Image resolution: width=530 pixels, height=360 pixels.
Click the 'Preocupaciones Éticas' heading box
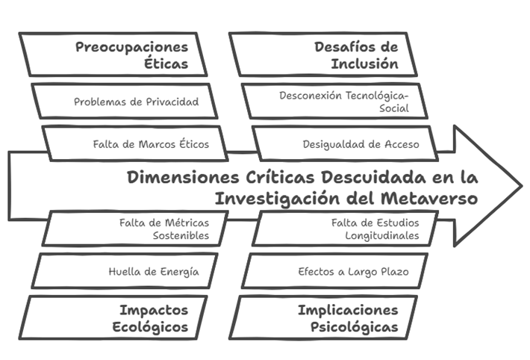click(x=113, y=55)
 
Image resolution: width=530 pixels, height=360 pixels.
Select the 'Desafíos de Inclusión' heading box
click(x=323, y=55)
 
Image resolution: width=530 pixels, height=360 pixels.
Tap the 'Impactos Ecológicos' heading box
click(x=113, y=317)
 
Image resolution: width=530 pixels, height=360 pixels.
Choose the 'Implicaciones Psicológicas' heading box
click(x=323, y=317)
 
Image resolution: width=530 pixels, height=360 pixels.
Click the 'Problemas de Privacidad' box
click(x=125, y=101)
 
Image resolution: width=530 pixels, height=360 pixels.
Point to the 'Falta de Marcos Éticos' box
click(x=135, y=143)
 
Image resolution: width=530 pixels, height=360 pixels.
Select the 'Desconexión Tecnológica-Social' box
click(x=334, y=101)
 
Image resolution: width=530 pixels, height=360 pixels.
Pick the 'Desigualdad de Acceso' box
click(x=345, y=143)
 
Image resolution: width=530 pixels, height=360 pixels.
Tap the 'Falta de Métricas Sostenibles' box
click(x=135, y=229)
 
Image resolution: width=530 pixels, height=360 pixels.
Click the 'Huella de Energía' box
click(x=125, y=271)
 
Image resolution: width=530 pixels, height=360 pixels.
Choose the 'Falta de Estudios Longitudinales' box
click(x=345, y=229)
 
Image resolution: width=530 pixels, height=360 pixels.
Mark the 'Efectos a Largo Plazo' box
click(x=334, y=271)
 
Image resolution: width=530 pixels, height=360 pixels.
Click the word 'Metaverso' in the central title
click(x=429, y=198)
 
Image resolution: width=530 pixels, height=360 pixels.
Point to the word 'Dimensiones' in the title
click(x=183, y=177)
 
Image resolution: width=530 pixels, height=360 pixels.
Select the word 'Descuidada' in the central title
click(x=373, y=177)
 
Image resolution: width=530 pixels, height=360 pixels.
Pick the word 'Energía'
click(x=180, y=272)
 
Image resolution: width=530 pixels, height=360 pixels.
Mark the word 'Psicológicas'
click(x=355, y=327)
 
